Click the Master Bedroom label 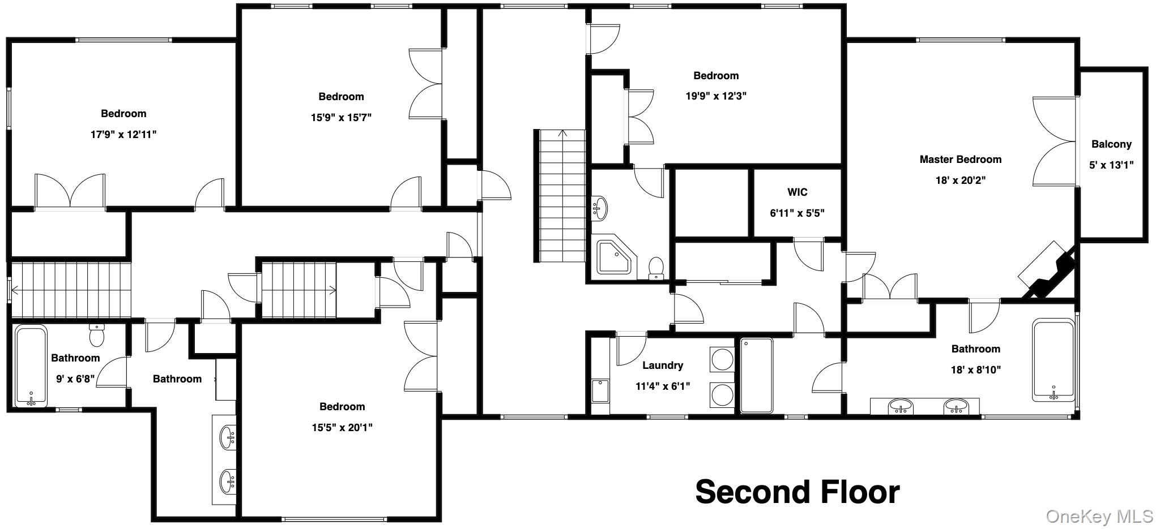[960, 160]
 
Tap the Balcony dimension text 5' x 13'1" [1111, 165]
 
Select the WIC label [797, 192]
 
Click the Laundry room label [663, 365]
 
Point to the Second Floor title [797, 492]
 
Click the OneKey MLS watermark [1099, 516]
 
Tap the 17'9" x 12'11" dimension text [123, 135]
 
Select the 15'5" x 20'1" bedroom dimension [342, 428]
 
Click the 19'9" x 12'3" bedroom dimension [716, 96]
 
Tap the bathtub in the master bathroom [1053, 360]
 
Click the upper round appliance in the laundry [722, 360]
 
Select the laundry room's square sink [600, 390]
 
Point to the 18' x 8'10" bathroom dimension [976, 370]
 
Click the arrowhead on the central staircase [562, 134]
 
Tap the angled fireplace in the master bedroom [1048, 271]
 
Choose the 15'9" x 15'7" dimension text [341, 118]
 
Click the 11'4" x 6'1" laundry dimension [663, 387]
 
